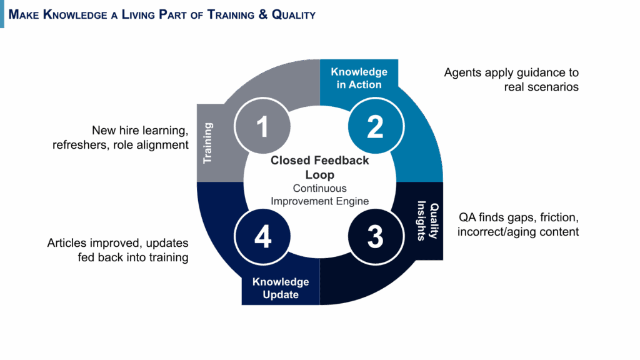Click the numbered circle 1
[262, 126]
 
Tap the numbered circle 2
[375, 126]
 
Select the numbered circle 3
[375, 237]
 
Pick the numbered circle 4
[262, 237]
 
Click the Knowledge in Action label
[359, 78]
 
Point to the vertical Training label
[208, 142]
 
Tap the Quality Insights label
[429, 221]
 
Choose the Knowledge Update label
[281, 288]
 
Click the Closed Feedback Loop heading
[319, 167]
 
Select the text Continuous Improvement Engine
[319, 194]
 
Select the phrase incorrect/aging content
[518, 232]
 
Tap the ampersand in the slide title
[263, 14]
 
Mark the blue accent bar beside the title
[2, 14]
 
